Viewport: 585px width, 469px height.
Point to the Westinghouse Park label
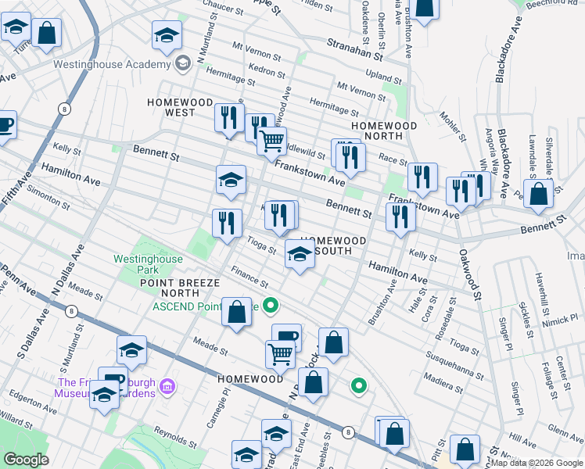click(148, 264)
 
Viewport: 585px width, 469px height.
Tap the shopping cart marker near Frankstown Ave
click(271, 141)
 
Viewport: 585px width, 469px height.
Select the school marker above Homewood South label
click(300, 253)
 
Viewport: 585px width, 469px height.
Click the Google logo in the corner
click(26, 460)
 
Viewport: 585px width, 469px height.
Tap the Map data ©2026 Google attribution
click(537, 463)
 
